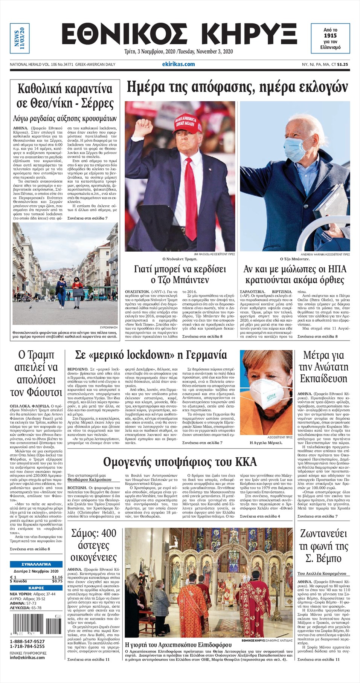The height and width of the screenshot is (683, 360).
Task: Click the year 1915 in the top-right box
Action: [330, 35]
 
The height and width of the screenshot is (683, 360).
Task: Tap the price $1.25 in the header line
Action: [343, 64]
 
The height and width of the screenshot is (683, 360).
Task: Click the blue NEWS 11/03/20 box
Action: [20, 38]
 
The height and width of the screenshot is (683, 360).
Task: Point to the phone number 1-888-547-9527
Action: [27, 642]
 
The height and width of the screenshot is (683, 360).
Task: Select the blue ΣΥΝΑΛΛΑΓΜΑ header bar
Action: [36, 564]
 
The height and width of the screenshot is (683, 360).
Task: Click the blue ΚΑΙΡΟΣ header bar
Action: [36, 588]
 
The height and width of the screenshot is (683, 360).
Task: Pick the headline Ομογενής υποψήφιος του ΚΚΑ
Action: [180, 462]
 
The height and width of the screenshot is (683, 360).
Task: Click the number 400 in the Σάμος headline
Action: [109, 533]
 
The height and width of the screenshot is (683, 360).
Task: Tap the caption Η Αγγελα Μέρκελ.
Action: [266, 443]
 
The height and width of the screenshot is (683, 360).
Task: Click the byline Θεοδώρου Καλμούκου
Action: [89, 480]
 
